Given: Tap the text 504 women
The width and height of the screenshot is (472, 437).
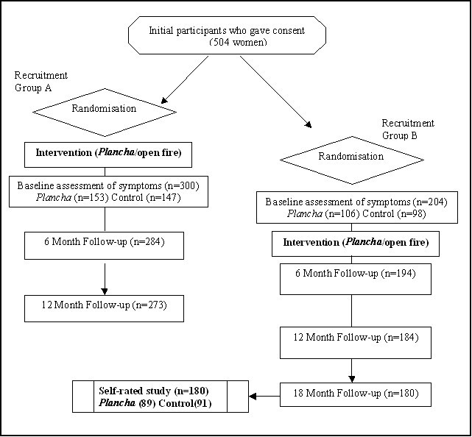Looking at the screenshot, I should pos(237,41).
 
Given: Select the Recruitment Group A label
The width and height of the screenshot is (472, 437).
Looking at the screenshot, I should pos(41,81).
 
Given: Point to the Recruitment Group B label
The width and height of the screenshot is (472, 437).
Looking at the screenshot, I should pos(408,129).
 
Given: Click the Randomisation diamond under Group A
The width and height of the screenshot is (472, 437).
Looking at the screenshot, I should pos(104,110).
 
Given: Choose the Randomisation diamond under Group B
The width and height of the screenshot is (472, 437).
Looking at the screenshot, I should pos(351,158).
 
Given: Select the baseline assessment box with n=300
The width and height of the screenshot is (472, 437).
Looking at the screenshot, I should pos(109,192).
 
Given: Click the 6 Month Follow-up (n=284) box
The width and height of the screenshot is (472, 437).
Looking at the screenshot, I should pos(104,245).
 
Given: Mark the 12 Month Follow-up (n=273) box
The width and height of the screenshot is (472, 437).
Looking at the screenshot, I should pos(104,308).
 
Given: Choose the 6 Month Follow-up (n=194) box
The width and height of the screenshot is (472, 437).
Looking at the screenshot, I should pos(356,279).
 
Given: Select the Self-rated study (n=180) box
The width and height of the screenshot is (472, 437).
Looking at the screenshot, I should pos(161,396).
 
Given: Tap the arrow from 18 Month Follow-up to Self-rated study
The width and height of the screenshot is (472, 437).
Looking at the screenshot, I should pos(264,396).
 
